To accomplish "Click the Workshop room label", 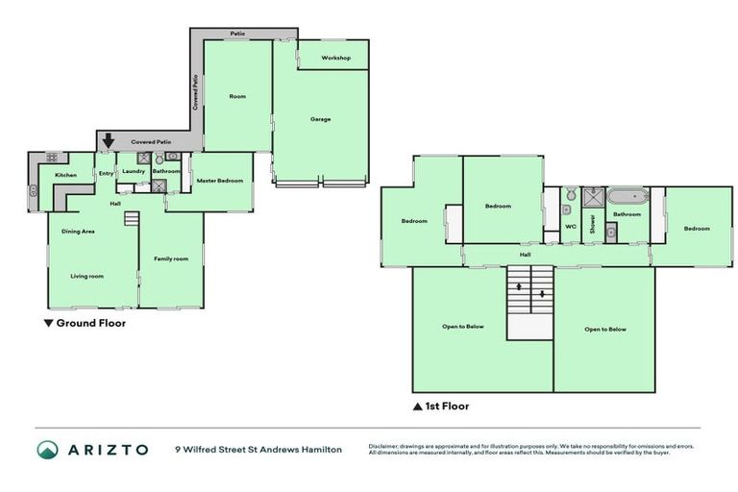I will [x=335, y=59].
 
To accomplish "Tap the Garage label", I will [x=320, y=119].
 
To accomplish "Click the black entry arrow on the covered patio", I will [x=109, y=140].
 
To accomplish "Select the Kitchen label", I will [x=65, y=175].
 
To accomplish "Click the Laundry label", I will [x=134, y=171].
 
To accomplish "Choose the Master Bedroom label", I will [x=220, y=181].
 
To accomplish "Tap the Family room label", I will [x=171, y=258].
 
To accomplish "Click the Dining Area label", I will [x=78, y=232].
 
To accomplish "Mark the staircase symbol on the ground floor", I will [x=133, y=220].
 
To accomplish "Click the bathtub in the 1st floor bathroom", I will [x=627, y=197].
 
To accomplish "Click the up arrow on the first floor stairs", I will [x=520, y=286].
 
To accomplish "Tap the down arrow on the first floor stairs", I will [x=543, y=293].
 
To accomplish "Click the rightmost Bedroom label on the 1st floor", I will [x=697, y=228].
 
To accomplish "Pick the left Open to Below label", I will [x=462, y=327].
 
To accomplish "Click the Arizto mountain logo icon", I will [x=47, y=449].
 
